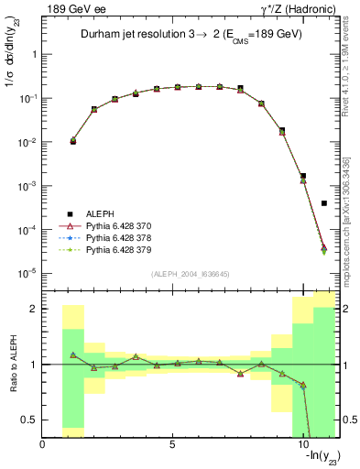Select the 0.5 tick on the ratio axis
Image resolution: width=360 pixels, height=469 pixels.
29,420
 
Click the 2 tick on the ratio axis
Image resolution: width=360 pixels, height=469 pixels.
33,309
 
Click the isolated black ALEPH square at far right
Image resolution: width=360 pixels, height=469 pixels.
324,203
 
